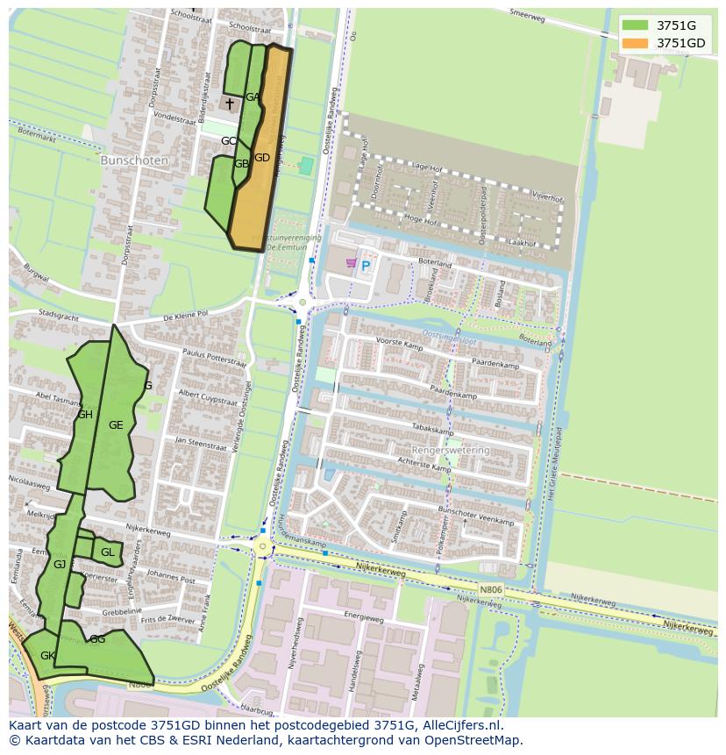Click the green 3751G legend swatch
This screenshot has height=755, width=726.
tap(635, 25)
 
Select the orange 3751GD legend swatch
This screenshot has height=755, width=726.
tap(635, 43)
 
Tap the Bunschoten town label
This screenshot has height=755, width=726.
tap(128, 161)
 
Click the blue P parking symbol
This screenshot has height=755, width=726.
tap(366, 265)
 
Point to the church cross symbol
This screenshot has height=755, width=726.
tap(230, 103)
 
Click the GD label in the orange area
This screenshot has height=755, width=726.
tap(262, 158)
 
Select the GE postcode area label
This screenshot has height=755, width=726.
tap(116, 424)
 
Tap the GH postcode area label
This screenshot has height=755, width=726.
tap(85, 415)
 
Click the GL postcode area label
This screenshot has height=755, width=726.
tap(107, 552)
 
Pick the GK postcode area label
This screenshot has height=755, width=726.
tap(48, 655)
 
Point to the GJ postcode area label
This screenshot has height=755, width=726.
tap(60, 564)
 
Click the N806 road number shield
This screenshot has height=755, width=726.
tap(492, 589)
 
